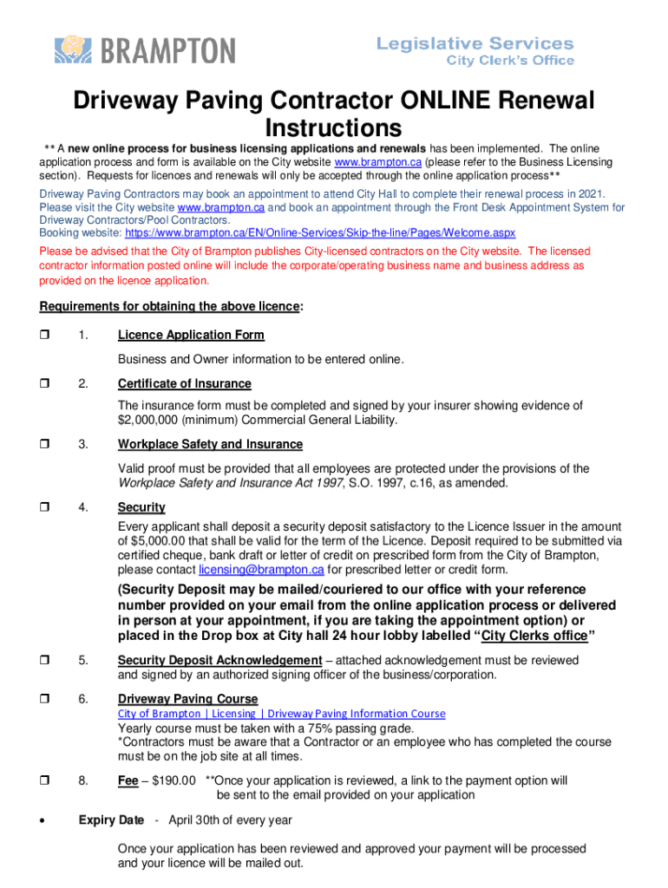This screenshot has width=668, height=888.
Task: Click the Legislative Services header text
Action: [475, 43]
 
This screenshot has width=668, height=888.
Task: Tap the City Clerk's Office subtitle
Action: [510, 61]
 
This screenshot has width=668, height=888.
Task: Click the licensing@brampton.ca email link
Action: [261, 570]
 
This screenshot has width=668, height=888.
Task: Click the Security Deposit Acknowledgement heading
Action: [219, 661]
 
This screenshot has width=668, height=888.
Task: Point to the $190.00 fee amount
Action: [174, 781]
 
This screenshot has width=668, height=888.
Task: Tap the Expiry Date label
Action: [111, 820]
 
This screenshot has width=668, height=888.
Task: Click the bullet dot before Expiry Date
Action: [44, 821]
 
